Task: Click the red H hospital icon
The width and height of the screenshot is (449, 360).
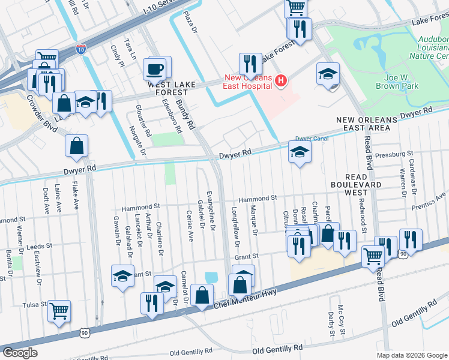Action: pos(280,80)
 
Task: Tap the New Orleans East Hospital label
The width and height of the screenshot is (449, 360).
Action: pos(249,81)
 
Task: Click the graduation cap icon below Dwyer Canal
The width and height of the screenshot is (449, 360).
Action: pos(300,152)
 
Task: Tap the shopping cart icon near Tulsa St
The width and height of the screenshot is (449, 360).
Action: pos(59,311)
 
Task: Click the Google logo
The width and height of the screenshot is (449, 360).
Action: pos(20,353)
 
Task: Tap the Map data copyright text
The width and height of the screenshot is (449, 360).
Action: pos(411,355)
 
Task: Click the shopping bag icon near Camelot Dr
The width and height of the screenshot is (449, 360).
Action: pos(203,295)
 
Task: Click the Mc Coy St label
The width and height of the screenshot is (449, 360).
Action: pos(341,319)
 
